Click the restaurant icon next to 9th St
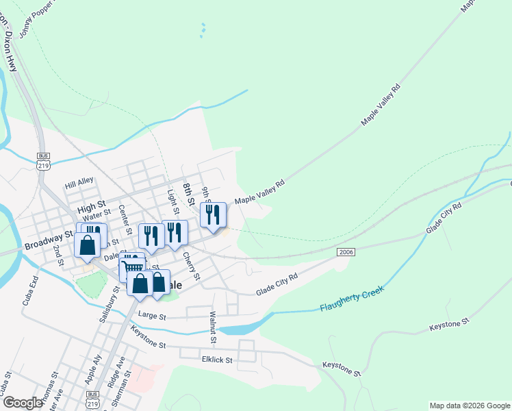(213, 214)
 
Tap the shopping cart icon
(132, 265)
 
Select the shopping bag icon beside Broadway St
(87, 245)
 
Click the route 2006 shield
(346, 253)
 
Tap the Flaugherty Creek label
(352, 299)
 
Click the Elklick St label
(217, 359)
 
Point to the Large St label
(152, 316)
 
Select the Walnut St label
(213, 327)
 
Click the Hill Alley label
(79, 184)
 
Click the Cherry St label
(191, 266)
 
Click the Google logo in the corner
(23, 403)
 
